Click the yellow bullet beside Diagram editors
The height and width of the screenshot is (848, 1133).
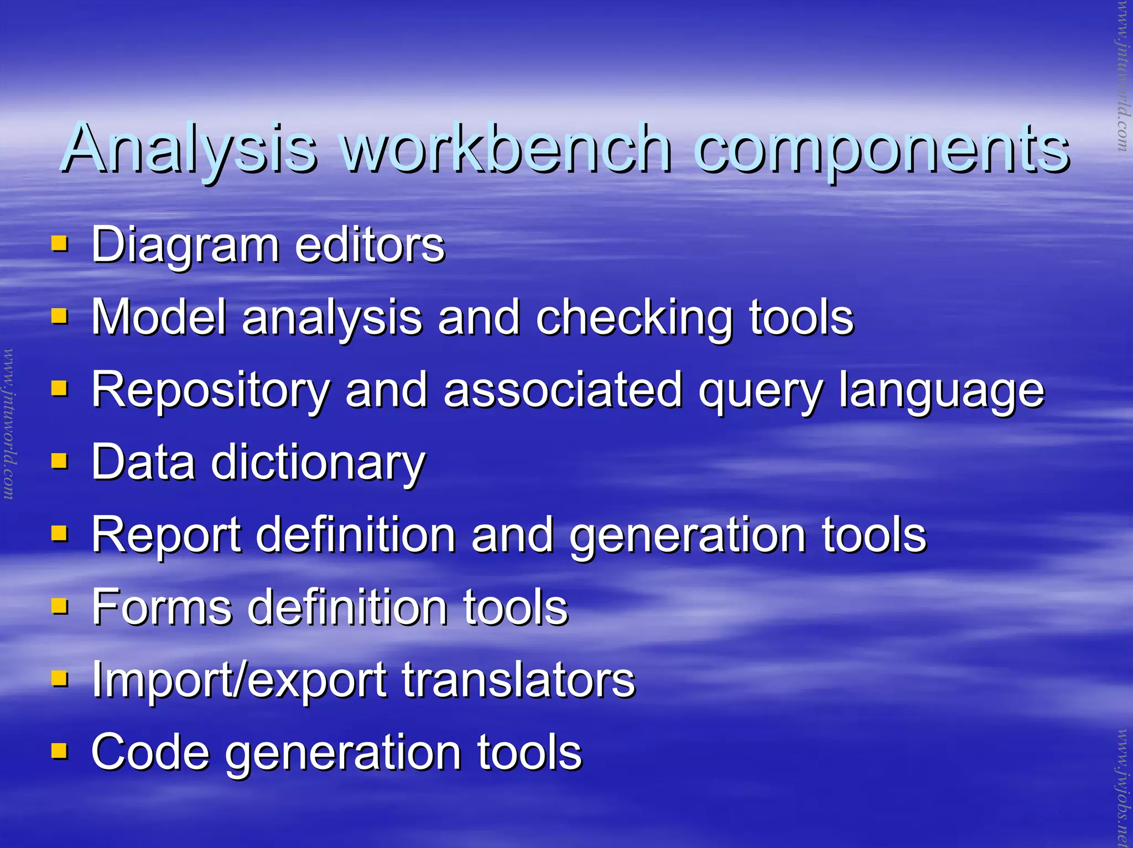click(x=59, y=244)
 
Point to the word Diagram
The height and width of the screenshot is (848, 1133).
click(x=185, y=245)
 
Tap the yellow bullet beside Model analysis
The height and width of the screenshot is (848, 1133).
click(x=59, y=316)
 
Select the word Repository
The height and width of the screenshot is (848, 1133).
click(x=211, y=391)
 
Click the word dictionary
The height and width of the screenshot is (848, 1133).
click(x=318, y=463)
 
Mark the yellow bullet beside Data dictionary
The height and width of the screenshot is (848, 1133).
click(x=59, y=461)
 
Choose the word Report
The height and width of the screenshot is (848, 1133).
click(x=166, y=535)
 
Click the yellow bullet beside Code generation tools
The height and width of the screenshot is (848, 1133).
click(x=59, y=751)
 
